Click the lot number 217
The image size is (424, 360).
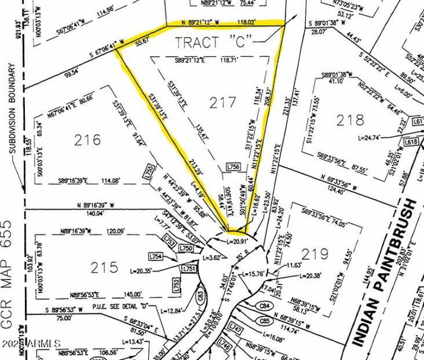(x=222, y=102)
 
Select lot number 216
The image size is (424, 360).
(x=87, y=140)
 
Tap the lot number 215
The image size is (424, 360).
(x=104, y=268)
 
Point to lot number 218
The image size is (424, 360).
(x=350, y=120)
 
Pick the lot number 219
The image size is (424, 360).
(x=315, y=255)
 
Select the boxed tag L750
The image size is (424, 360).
(x=186, y=248)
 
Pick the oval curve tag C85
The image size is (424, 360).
(x=265, y=320)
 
